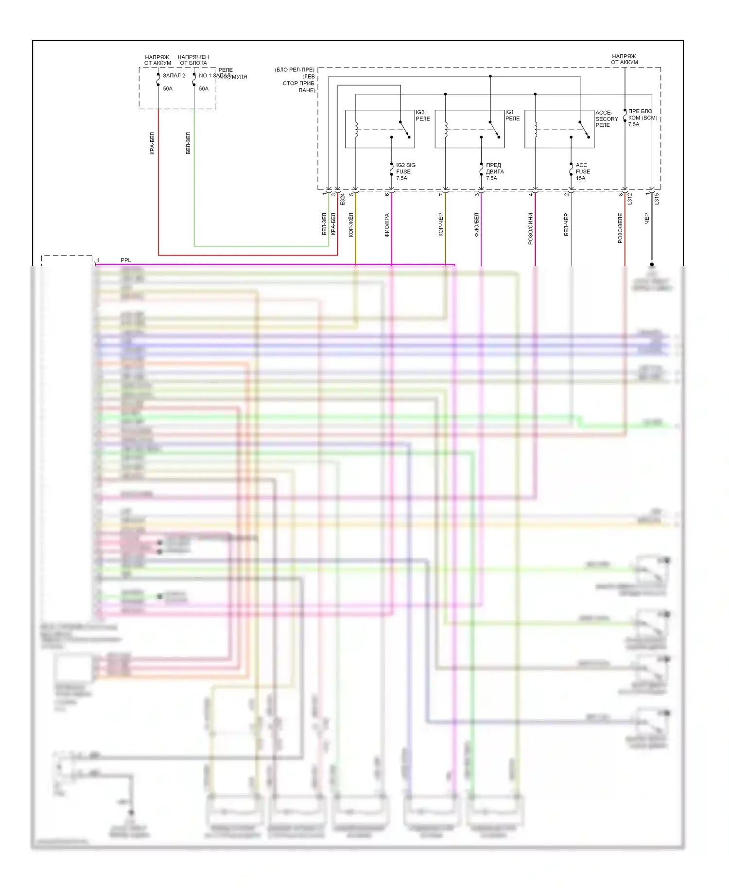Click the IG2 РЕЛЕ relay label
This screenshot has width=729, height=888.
pyautogui.click(x=422, y=116)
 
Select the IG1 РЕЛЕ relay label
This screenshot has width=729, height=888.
pyautogui.click(x=512, y=115)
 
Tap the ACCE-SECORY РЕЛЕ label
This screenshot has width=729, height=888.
pyautogui.click(x=607, y=119)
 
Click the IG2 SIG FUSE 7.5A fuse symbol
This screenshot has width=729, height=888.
pyautogui.click(x=392, y=170)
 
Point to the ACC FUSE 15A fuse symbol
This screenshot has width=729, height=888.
pyautogui.click(x=571, y=170)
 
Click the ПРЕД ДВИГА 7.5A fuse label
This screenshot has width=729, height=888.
pyautogui.click(x=495, y=171)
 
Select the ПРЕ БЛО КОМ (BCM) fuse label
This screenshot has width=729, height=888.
pyautogui.click(x=642, y=118)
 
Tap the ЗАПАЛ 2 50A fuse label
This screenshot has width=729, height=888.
pyautogui.click(x=174, y=82)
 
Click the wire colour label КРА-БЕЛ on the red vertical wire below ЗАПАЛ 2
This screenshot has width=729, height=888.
pyautogui.click(x=152, y=143)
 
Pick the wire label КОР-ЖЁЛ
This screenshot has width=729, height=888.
pyautogui.click(x=351, y=225)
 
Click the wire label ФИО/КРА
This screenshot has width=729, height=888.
pyautogui.click(x=387, y=225)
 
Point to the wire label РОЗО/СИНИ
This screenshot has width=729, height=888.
pyautogui.click(x=530, y=228)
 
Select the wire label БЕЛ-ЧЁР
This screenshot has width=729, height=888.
pyautogui.click(x=566, y=224)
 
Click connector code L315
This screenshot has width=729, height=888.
pyautogui.click(x=657, y=198)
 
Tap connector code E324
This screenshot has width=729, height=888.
pyautogui.click(x=342, y=199)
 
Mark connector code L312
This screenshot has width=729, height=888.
pyautogui.click(x=630, y=198)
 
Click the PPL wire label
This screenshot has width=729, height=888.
pyautogui.click(x=126, y=260)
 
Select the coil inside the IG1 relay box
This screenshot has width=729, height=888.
pyautogui.click(x=446, y=129)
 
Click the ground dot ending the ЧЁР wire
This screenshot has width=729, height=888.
pyautogui.click(x=652, y=265)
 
